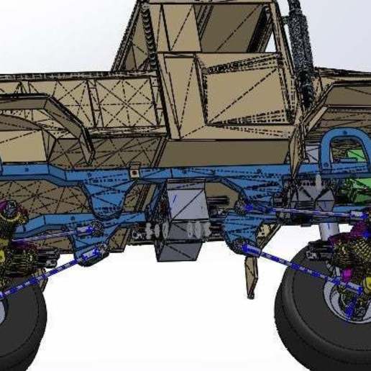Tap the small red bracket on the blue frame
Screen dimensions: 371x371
pos(134,170)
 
